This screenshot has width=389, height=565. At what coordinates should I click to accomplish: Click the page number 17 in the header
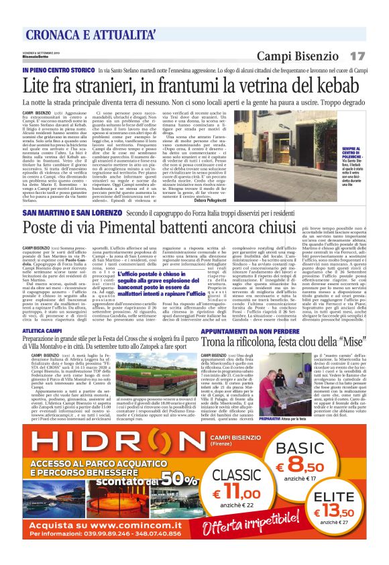pos(357,55)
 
